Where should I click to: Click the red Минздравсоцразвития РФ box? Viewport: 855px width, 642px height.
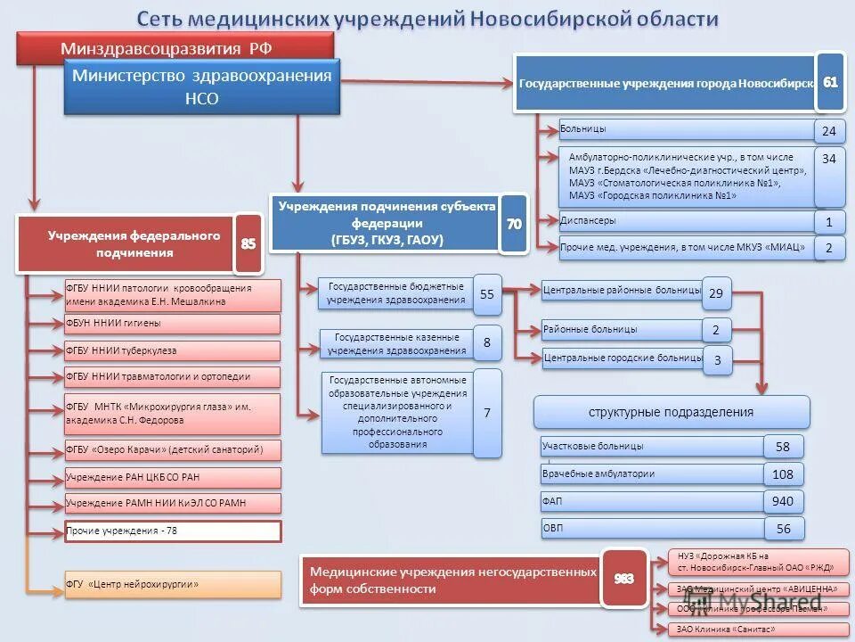point(175,47)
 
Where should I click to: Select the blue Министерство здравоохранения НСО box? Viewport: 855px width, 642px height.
point(202,87)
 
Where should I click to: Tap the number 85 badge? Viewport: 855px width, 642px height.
point(249,243)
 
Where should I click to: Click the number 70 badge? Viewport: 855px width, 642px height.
point(514,224)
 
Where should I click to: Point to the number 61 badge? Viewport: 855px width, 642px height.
point(830,82)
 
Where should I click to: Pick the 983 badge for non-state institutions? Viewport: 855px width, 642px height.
point(623,580)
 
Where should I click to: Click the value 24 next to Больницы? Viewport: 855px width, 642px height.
point(829,131)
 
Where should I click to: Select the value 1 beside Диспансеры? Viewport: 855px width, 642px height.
point(829,222)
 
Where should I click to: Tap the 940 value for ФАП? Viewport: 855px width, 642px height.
point(783,502)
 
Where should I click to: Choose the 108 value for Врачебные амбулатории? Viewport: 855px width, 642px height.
point(783,474)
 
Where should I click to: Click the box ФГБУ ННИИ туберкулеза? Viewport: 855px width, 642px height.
point(173,350)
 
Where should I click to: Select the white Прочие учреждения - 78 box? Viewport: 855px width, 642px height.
point(173,531)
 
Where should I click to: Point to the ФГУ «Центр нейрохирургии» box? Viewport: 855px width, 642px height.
point(173,585)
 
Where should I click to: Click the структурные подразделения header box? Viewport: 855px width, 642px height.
point(672,412)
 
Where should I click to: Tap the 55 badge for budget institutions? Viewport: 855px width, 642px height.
point(487,293)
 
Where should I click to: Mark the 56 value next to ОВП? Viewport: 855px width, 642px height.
point(783,529)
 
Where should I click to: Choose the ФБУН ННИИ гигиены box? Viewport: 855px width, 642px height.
point(173,324)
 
